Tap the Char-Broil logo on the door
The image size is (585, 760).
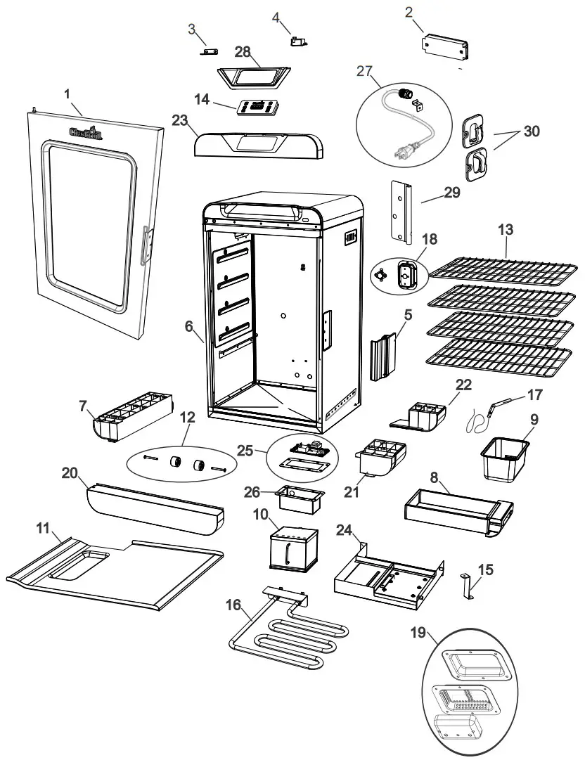click(85, 133)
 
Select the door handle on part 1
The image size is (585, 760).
click(146, 245)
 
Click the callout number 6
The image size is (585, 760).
click(188, 327)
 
